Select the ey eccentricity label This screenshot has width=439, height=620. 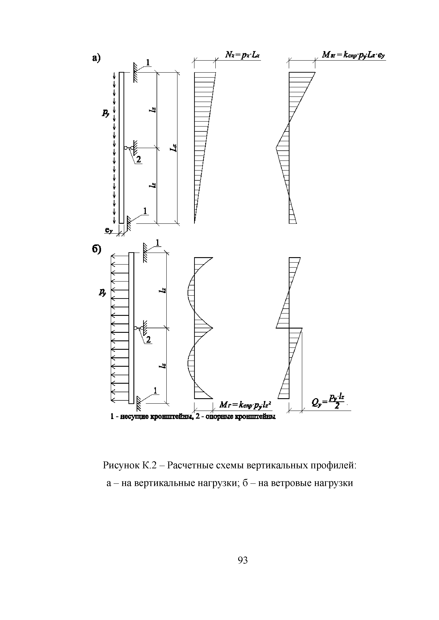click(x=108, y=230)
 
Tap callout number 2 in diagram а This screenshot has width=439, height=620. click(x=138, y=160)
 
